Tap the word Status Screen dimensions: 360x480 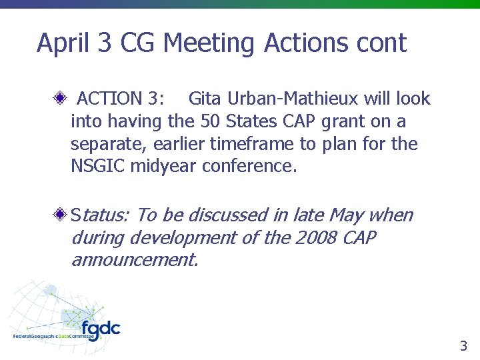click(x=101, y=215)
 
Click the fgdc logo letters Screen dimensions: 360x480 click(x=101, y=329)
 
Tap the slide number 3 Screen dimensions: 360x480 click(x=463, y=345)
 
